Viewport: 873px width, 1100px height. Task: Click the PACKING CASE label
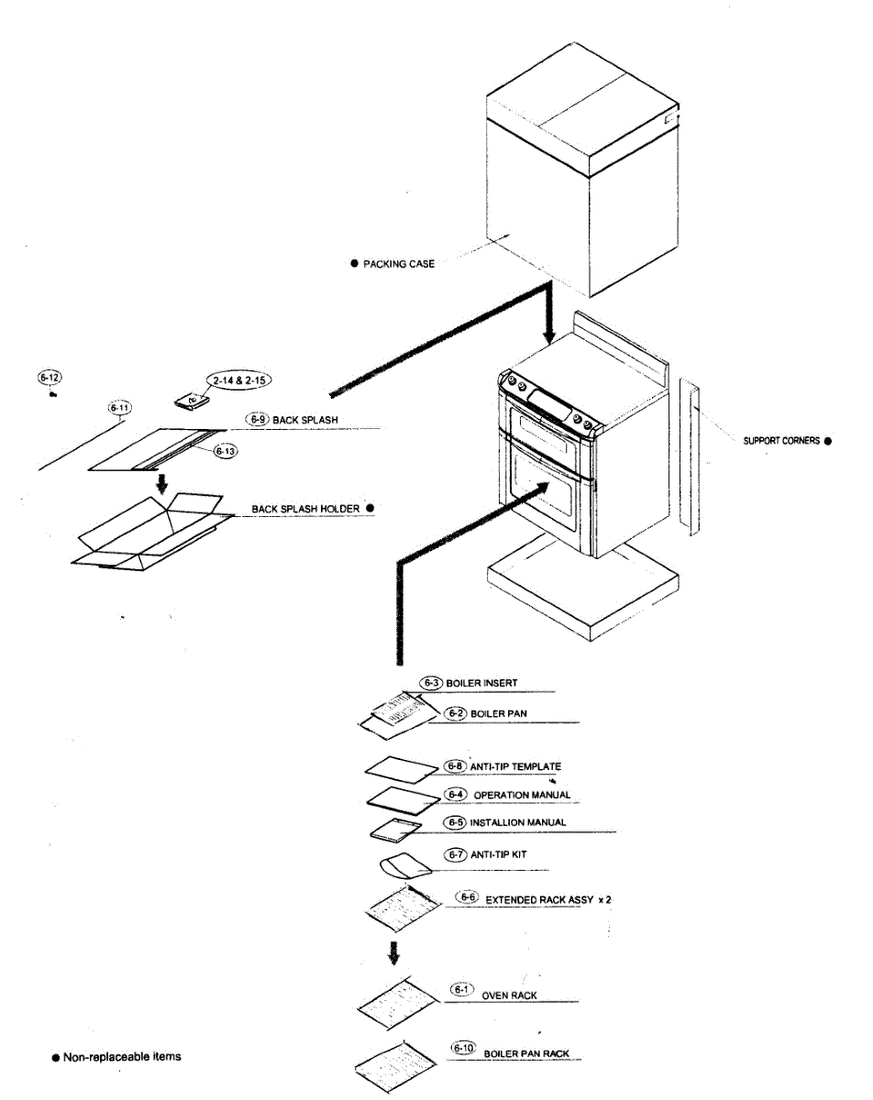[x=399, y=263]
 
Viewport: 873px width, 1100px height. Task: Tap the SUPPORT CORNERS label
[x=781, y=440]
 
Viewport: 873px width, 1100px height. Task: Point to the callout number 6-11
[x=119, y=407]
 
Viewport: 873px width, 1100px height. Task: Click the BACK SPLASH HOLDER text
[x=306, y=508]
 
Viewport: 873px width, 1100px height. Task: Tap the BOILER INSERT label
[x=481, y=683]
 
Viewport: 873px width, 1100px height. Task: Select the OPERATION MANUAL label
[x=522, y=795]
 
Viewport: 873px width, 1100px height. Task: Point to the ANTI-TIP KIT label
[x=498, y=854]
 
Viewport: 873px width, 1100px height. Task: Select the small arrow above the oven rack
[x=393, y=953]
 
